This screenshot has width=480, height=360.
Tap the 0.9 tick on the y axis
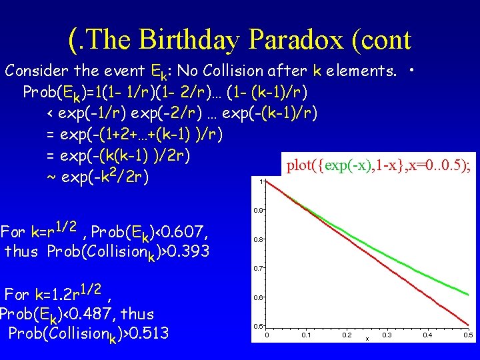pos(258,211)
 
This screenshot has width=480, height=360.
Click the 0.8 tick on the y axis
pos(258,239)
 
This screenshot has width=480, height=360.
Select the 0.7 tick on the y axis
pos(258,268)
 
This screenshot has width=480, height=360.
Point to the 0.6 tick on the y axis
pos(258,297)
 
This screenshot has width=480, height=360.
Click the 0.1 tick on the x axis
pos(306,335)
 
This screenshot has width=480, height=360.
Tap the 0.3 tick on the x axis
pos(387,335)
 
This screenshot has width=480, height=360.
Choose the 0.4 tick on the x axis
pos(427,335)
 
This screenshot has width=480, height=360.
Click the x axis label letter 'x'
pos(367,338)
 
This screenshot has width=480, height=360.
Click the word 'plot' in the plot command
pos(298,165)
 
